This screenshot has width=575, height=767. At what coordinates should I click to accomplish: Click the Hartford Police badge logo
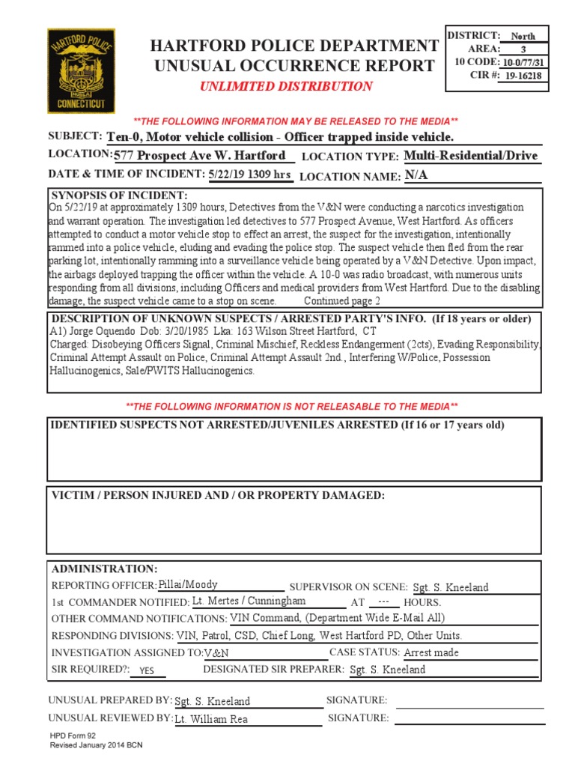pos(82,71)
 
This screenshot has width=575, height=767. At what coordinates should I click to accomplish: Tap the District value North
pos(523,36)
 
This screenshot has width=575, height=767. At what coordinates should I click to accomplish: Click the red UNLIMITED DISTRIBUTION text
pos(285,86)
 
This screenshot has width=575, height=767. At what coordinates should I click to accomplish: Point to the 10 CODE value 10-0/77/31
pos(523,63)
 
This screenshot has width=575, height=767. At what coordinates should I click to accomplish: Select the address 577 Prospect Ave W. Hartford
pos(200,155)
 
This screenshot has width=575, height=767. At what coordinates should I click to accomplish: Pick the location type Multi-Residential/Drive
pos(470,156)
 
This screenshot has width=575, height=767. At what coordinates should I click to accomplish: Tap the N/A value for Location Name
pos(416,175)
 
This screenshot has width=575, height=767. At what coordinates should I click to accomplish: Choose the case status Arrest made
pos(431,652)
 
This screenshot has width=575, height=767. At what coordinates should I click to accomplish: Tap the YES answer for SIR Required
pos(147,671)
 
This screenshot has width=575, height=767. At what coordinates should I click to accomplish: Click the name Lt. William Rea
pos(211,719)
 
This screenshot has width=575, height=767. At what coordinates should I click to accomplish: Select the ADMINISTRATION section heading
pos(104,569)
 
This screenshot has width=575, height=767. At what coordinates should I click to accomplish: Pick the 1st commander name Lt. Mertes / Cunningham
pos(249,601)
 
